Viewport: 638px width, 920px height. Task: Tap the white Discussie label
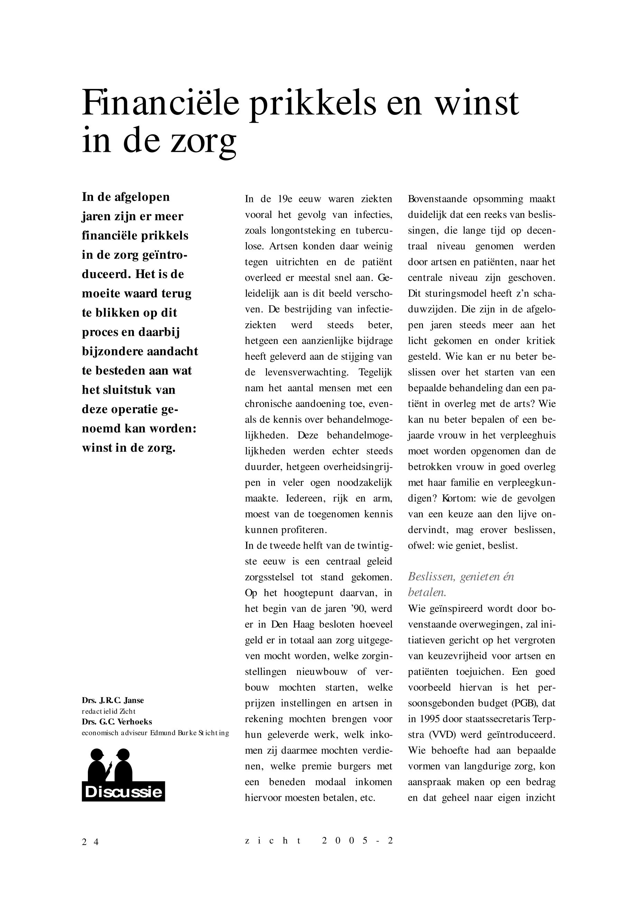click(123, 792)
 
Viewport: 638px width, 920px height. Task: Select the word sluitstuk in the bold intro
click(127, 390)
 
